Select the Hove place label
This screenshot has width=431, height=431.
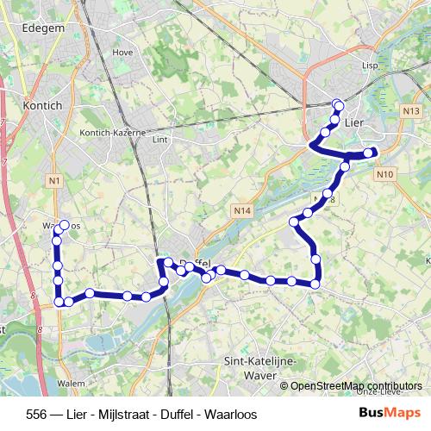tap(122, 52)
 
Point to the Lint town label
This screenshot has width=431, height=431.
tap(159, 138)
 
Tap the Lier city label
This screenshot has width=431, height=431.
tap(354, 123)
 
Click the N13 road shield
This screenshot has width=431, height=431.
tap(410, 112)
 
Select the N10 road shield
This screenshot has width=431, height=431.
tap(384, 174)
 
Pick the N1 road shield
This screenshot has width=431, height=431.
tap(54, 180)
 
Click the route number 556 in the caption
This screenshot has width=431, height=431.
tap(37, 413)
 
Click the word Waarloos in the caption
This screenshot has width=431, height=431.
tap(231, 413)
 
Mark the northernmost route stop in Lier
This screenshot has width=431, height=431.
tap(338, 105)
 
